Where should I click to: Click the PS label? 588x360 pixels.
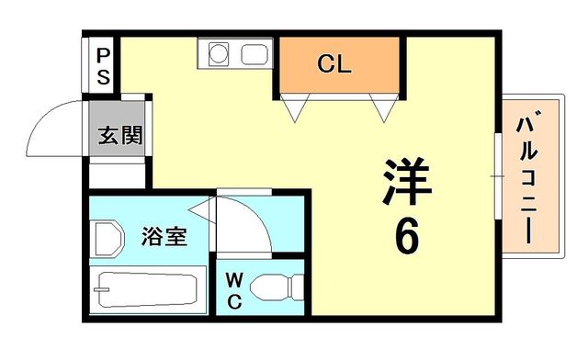click(103, 67)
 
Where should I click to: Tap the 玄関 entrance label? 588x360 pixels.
click(120, 135)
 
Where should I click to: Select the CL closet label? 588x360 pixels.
click(334, 63)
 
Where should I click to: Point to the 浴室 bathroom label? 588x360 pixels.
click(164, 236)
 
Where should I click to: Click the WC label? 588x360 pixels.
click(234, 290)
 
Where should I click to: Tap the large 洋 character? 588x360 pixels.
click(407, 181)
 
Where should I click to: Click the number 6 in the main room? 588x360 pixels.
click(407, 236)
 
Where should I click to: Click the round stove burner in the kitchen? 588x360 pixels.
click(219, 53)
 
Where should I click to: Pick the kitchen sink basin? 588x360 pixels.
click(254, 55)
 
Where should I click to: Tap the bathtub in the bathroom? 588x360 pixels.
click(148, 290)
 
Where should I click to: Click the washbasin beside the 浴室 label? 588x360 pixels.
click(108, 239)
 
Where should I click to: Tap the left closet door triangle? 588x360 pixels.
click(295, 107)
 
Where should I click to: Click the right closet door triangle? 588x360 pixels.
click(384, 107)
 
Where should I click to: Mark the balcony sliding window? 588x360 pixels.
click(498, 175)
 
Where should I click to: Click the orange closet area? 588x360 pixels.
click(339, 63)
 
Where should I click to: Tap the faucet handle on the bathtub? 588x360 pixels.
click(102, 289)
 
